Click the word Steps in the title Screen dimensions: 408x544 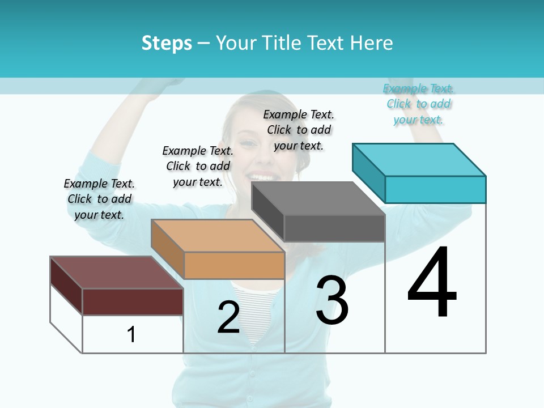coord(167,43)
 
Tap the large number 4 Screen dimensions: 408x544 coord(432,283)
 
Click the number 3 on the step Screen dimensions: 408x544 coord(332,300)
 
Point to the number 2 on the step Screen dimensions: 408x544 coord(228,317)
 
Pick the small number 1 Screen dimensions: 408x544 coord(131,335)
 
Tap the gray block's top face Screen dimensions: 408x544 coord(318,198)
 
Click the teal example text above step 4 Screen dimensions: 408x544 coord(419,104)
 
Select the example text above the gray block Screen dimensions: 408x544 coord(299,130)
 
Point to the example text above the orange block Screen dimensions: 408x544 coord(198,166)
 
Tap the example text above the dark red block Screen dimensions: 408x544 coord(99,199)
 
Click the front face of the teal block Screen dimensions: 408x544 coord(435,189)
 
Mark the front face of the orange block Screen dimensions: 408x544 coord(234,265)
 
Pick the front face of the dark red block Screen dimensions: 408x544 coord(133,301)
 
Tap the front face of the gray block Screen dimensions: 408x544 coord(334,228)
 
